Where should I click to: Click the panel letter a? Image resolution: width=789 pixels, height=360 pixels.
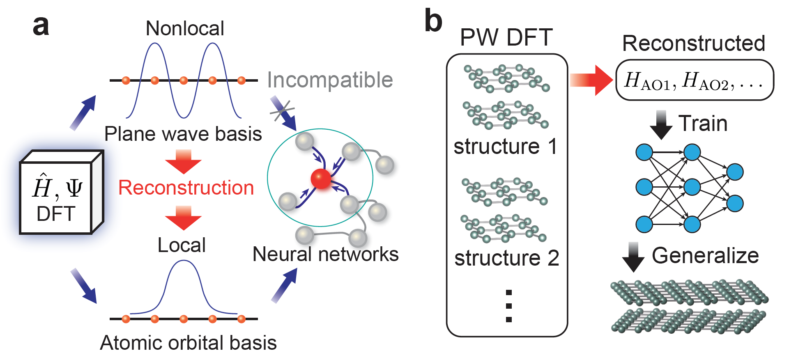tap(41, 27)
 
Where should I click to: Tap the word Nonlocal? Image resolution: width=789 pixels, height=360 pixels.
tap(185, 29)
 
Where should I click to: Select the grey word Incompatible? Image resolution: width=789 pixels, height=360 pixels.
tap(330, 80)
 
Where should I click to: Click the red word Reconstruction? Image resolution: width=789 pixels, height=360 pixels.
tap(186, 188)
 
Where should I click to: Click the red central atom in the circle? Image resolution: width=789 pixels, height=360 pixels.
tap(321, 179)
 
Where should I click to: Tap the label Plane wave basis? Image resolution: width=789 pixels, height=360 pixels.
tap(183, 134)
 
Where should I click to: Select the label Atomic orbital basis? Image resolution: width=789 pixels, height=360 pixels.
tap(188, 343)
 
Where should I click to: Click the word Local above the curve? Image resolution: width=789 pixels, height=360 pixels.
tap(182, 245)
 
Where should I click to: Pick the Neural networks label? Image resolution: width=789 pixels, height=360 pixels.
tap(325, 255)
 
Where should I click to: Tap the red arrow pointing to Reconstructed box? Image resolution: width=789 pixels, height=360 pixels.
tap(591, 80)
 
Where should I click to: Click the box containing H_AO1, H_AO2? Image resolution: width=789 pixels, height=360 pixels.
tap(694, 80)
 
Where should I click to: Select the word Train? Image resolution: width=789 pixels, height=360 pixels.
tap(703, 124)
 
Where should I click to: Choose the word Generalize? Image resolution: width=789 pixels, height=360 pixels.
tap(705, 256)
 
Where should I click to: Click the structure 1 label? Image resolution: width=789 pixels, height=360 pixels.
tap(506, 147)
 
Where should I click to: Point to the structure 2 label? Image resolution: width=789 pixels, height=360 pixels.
tap(507, 258)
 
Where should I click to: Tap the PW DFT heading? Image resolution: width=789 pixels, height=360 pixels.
tap(506, 38)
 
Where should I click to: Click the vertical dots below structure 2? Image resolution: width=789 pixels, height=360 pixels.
tap(509, 306)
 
